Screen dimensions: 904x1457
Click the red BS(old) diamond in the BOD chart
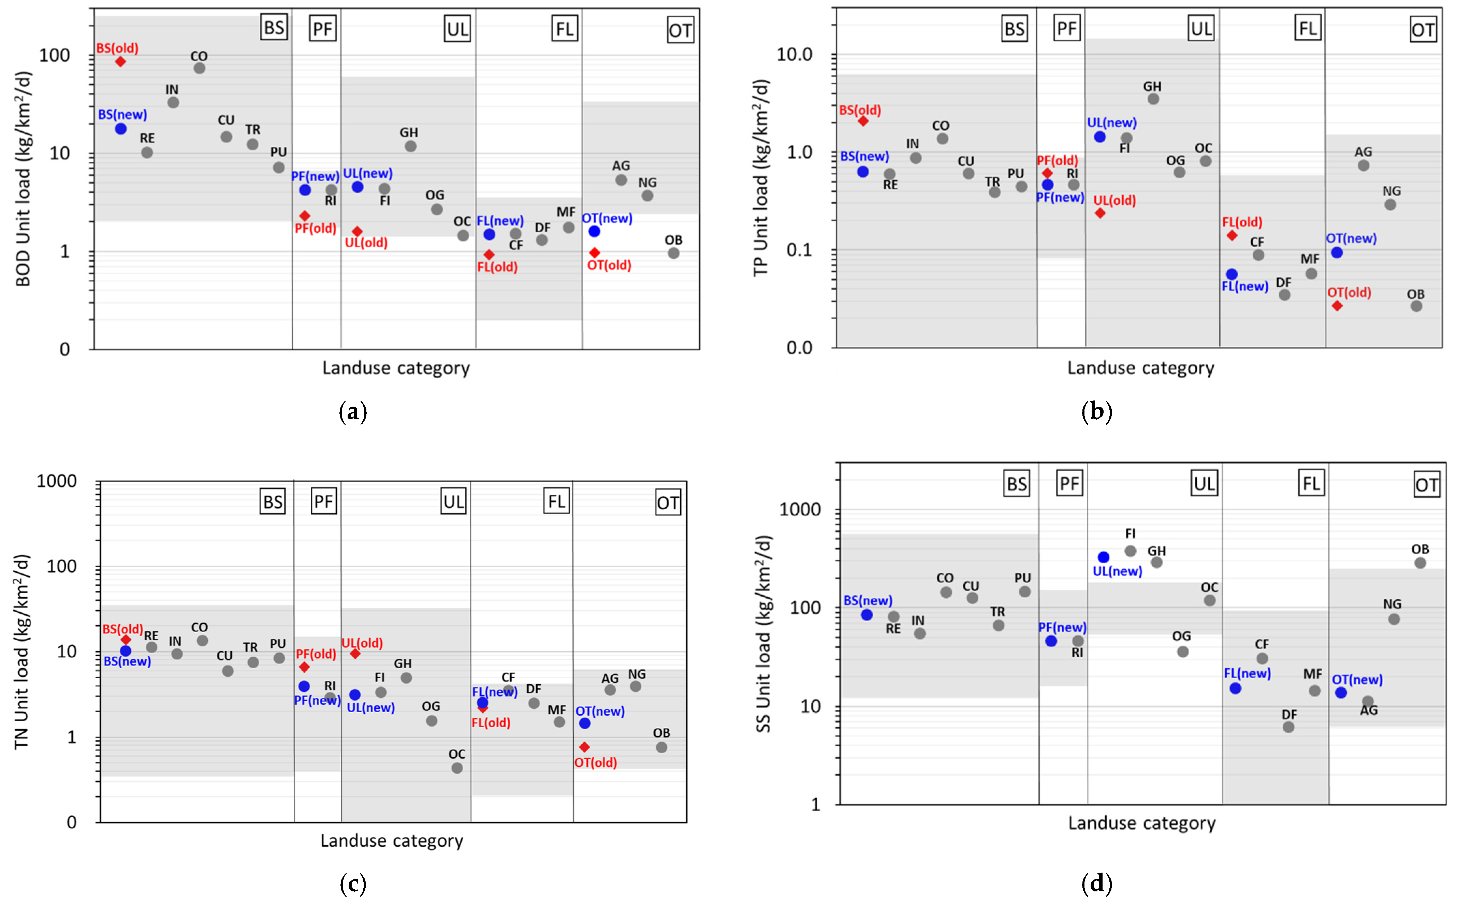pyautogui.click(x=120, y=62)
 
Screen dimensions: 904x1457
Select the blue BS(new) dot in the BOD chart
pyautogui.click(x=121, y=129)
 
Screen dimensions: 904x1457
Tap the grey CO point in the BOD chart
pyautogui.click(x=200, y=68)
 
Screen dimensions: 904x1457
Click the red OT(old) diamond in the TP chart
pyautogui.click(x=1337, y=306)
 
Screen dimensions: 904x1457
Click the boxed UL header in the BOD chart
pyautogui.click(x=457, y=29)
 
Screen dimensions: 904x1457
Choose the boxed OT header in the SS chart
pyautogui.click(x=1427, y=485)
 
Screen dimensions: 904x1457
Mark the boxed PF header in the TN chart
pyautogui.click(x=323, y=501)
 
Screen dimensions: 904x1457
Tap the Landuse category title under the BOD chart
pyautogui.click(x=396, y=368)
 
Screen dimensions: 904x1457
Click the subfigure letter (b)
pyautogui.click(x=1096, y=412)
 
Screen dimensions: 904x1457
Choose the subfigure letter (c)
pyautogui.click(x=353, y=884)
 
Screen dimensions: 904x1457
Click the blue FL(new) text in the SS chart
pyautogui.click(x=1247, y=673)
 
